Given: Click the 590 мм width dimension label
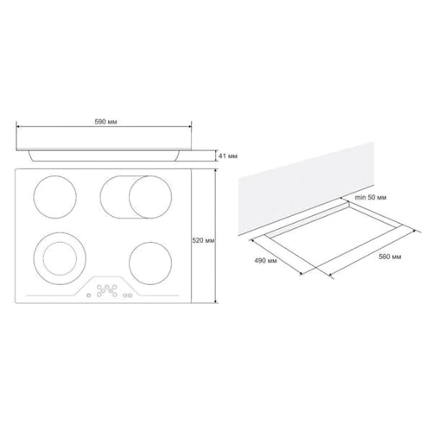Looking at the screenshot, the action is click(105, 122).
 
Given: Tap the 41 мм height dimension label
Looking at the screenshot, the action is click(228, 156).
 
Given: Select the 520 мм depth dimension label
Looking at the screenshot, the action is click(203, 240).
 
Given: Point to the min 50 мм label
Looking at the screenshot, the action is click(371, 198).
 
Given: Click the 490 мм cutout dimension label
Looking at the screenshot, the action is click(265, 261).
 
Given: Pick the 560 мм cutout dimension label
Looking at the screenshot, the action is click(390, 257).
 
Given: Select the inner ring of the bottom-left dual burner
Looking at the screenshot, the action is click(44, 258).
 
